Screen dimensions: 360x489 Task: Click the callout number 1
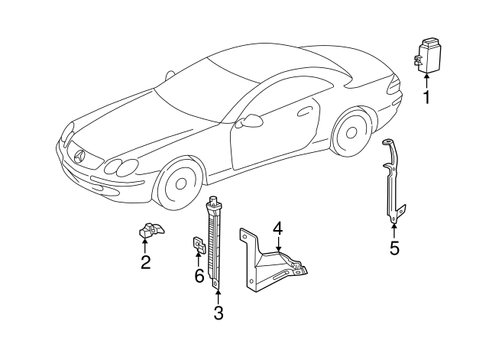427,96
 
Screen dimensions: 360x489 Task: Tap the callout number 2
145,263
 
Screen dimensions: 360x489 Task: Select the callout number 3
218,312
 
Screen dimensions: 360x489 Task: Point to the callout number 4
278,228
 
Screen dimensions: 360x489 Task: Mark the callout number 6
199,275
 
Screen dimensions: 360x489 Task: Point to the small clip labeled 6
197,244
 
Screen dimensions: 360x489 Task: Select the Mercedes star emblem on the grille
79,155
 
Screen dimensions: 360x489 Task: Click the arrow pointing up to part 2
145,245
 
